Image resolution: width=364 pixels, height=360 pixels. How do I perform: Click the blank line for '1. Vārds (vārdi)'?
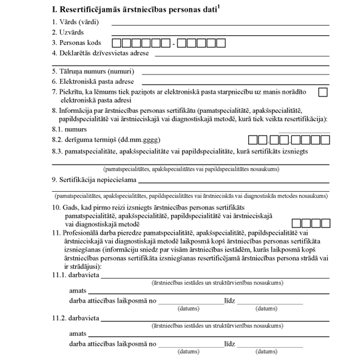220,24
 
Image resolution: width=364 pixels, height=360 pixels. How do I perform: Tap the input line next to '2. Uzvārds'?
220,35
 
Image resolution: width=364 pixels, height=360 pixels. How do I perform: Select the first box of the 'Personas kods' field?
118,43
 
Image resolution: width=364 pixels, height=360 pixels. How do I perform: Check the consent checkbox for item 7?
323,92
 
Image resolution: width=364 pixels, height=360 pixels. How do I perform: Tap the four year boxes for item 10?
310,223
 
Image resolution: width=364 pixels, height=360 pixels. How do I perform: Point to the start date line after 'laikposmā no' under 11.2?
190,345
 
